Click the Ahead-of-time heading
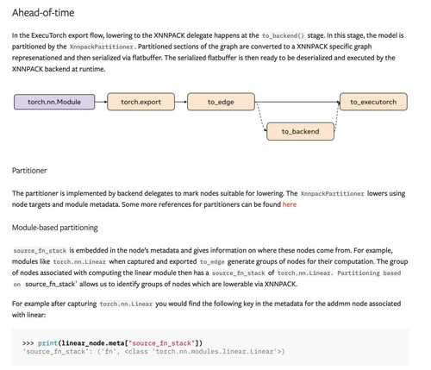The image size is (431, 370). point(43,13)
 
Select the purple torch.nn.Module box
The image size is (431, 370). point(54,102)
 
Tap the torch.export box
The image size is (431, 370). point(141,102)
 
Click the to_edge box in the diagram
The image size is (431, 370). point(221,102)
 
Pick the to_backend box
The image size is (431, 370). point(300,131)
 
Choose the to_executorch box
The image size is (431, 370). point(373,102)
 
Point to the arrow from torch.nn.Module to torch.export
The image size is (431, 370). point(101,102)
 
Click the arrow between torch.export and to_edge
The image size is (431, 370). point(181,102)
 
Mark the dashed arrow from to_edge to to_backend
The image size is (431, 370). point(261,116)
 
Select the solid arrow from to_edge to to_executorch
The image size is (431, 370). point(297,102)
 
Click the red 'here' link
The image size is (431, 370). point(290,204)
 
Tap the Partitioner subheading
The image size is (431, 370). point(29,171)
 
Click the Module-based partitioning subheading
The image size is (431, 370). point(55,228)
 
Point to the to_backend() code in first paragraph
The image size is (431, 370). point(283,35)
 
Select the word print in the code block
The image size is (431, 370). point(47,343)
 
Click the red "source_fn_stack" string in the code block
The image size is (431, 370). point(162,343)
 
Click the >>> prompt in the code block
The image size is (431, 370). point(28,343)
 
